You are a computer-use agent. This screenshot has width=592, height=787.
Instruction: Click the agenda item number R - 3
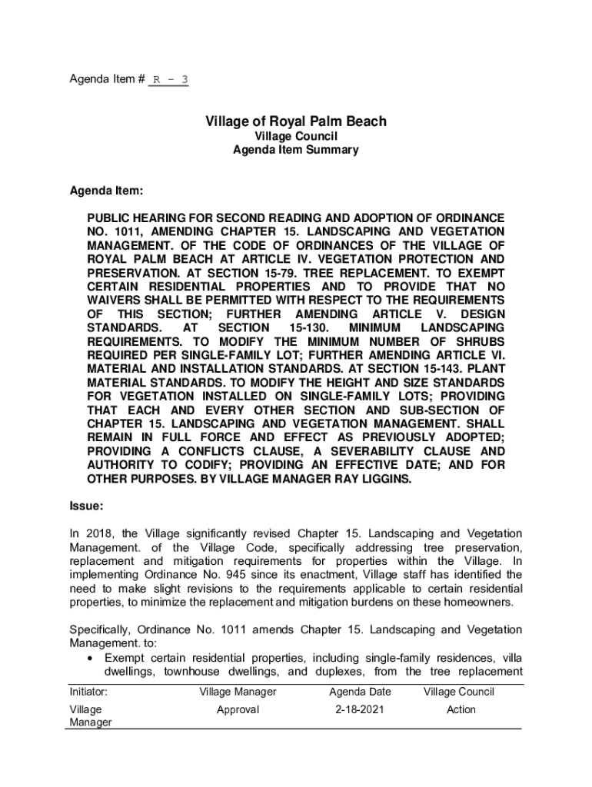(169, 79)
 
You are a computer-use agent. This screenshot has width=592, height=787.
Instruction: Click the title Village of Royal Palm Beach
(296, 121)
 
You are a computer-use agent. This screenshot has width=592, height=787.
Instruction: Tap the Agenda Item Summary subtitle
(296, 150)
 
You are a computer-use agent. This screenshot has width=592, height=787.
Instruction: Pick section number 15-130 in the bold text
(291, 328)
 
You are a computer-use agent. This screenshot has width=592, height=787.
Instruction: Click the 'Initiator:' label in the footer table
(88, 692)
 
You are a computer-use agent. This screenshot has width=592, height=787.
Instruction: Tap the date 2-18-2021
(360, 709)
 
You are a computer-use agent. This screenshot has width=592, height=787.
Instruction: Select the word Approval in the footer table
(238, 709)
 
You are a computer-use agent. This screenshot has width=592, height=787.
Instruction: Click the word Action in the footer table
(461, 709)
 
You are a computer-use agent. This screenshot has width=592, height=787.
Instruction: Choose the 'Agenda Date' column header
(360, 692)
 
